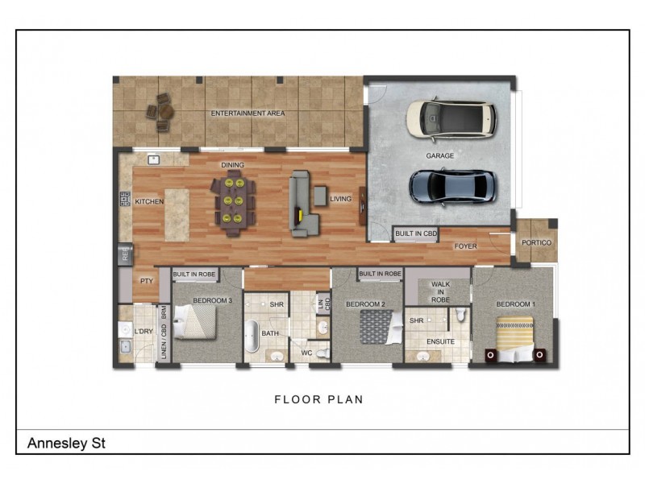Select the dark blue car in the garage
[450, 186]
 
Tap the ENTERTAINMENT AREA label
[248, 114]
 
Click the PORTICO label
[536, 242]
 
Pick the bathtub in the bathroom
[252, 337]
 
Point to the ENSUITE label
[440, 341]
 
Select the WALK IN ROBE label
[440, 291]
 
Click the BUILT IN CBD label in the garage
[416, 233]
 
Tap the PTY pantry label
[147, 281]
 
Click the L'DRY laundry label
[144, 332]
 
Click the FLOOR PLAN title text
[318, 398]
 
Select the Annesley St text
[66, 443]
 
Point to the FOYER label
[465, 246]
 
